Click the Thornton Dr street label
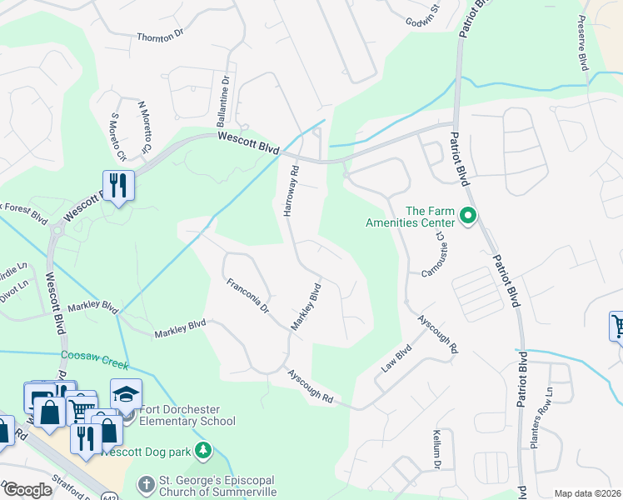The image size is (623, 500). pyautogui.click(x=159, y=37)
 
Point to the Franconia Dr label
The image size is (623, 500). pyautogui.click(x=249, y=296)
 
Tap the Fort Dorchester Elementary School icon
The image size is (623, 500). pyautogui.click(x=126, y=393)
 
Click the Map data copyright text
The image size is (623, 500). pyautogui.click(x=586, y=493)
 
